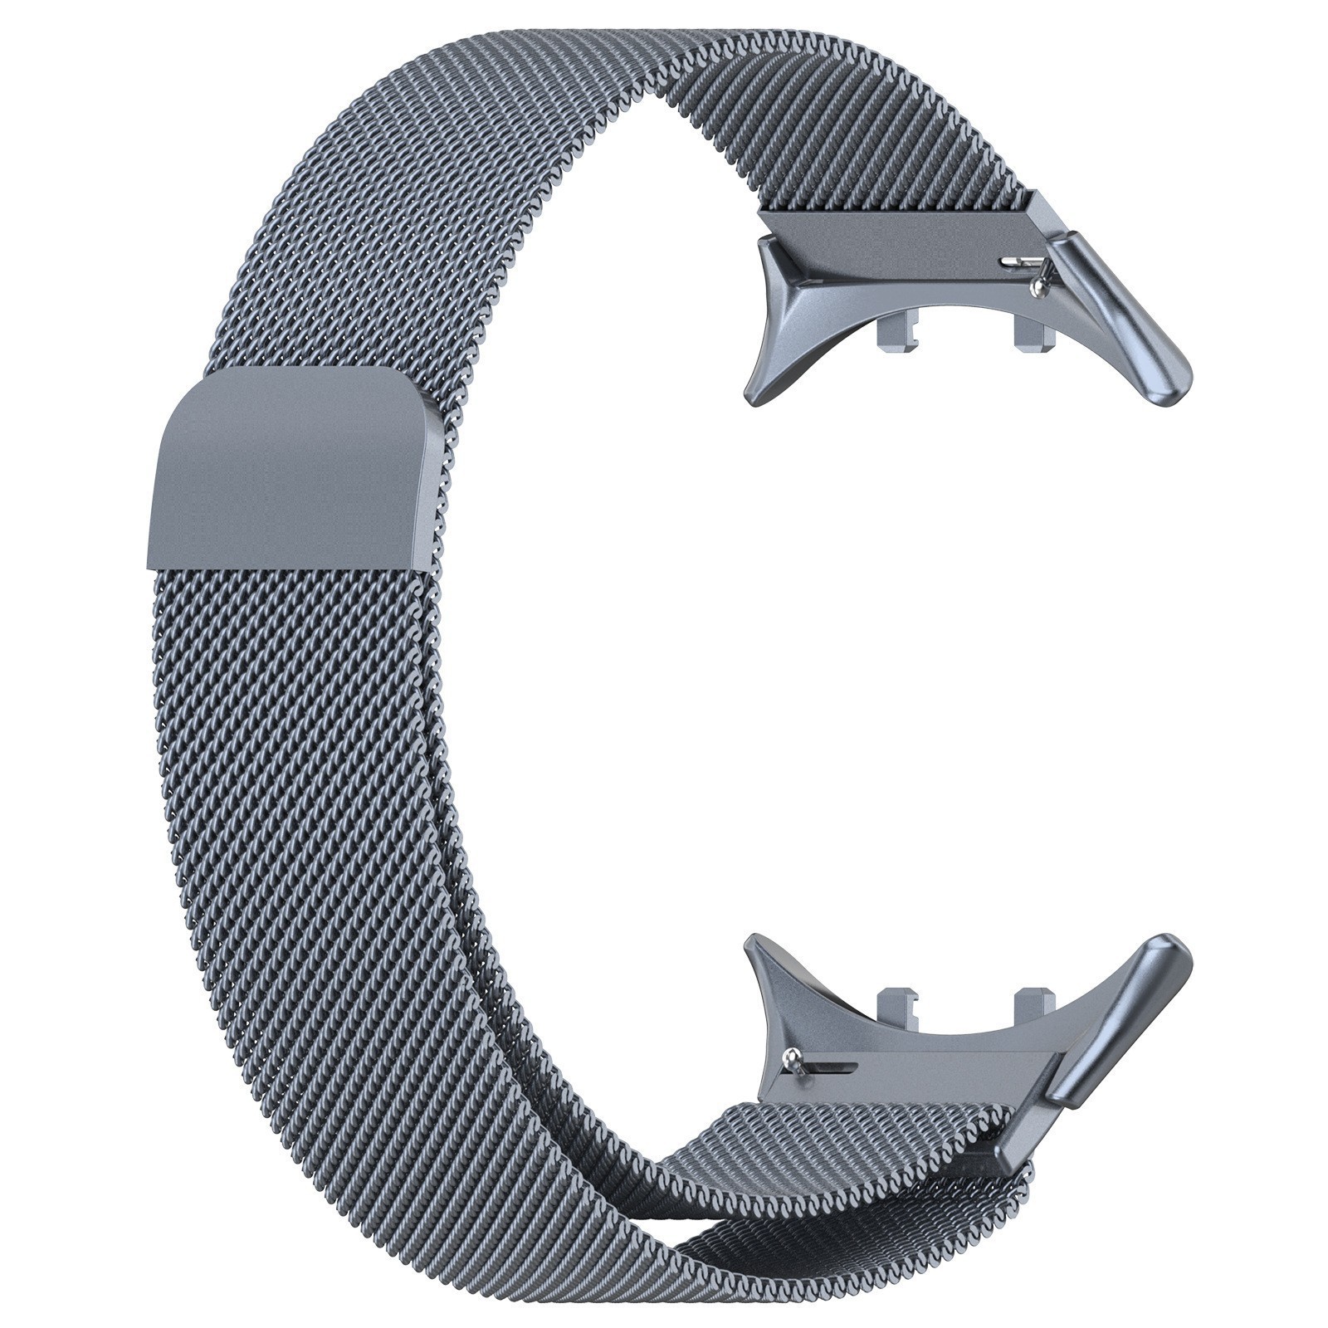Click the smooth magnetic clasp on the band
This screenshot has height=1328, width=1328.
click(x=290, y=469)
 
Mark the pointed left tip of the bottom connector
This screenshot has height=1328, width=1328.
click(x=752, y=941)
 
